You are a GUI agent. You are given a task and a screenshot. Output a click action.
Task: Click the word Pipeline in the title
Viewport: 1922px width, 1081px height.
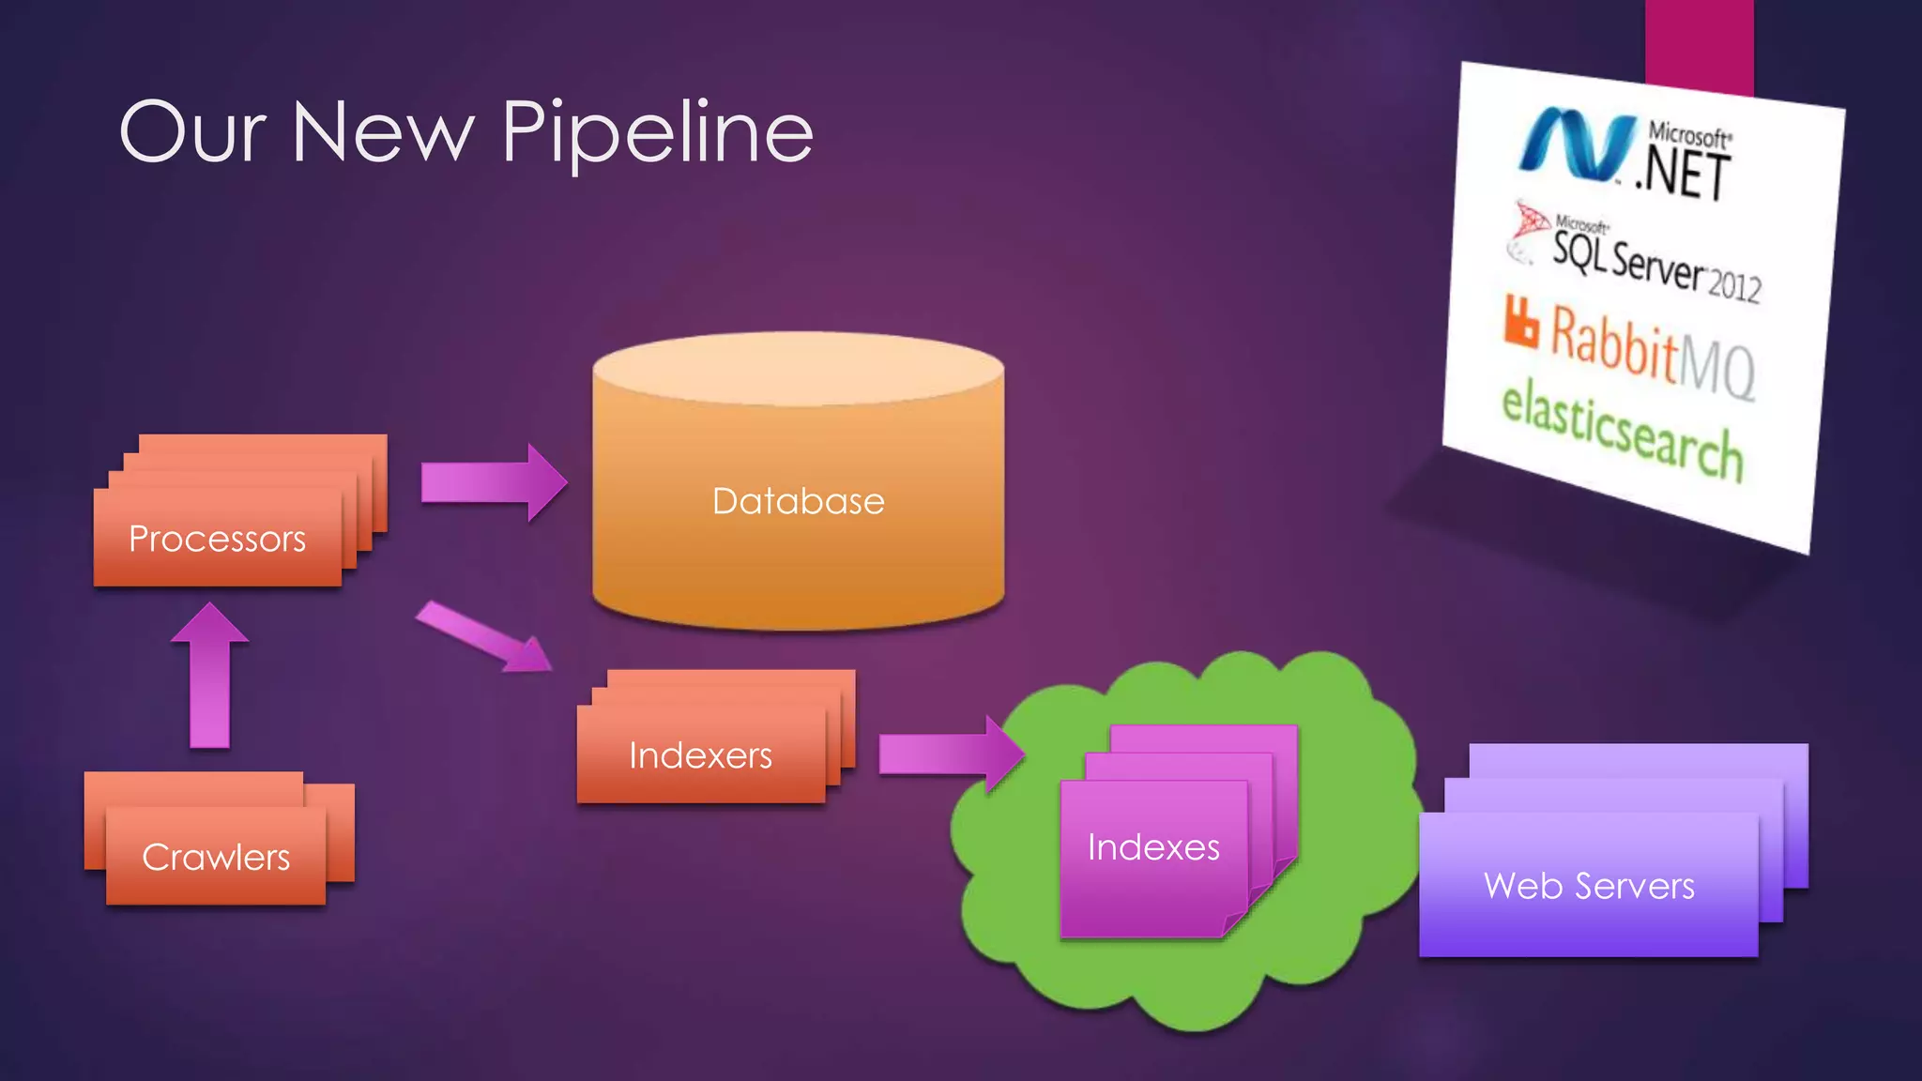tap(657, 133)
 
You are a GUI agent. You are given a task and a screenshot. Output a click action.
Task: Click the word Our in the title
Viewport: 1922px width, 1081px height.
tap(192, 133)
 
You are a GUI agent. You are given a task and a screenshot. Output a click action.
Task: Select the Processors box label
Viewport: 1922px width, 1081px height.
tap(217, 539)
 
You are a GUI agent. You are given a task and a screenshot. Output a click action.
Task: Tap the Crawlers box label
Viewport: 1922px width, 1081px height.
tap(216, 857)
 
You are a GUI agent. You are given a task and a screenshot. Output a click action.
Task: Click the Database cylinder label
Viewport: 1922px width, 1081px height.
tap(798, 501)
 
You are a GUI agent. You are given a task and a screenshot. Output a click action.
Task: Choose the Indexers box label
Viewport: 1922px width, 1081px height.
tap(700, 755)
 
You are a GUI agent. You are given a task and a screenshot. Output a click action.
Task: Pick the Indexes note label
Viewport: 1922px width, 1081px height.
tap(1153, 847)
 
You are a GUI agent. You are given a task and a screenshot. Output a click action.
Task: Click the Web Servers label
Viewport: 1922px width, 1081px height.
tap(1589, 886)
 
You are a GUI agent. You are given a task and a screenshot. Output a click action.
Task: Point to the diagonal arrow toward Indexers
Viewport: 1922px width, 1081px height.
tap(484, 638)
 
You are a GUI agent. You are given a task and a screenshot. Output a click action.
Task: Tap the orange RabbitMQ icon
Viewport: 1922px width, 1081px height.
tap(1521, 322)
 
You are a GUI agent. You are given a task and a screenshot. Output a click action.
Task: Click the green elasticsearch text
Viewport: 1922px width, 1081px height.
tap(1622, 429)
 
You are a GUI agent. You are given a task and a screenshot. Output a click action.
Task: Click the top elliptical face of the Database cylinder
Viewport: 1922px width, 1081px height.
tap(798, 369)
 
